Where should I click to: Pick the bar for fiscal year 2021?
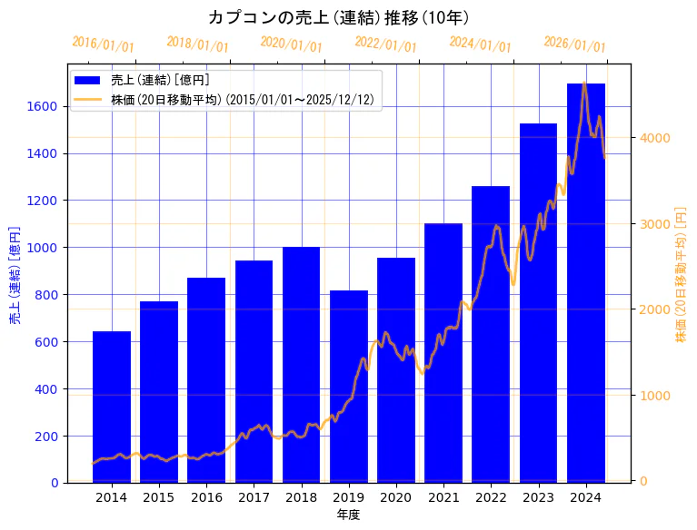(443, 353)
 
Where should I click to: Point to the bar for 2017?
(254, 371)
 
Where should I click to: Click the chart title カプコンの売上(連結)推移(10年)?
(338, 17)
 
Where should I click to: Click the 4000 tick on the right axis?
(654, 138)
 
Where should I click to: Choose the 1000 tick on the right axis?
(654, 396)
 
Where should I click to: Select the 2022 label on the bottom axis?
(491, 497)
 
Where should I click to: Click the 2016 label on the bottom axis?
(206, 497)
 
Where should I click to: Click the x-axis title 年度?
(348, 515)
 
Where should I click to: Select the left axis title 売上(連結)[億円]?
(15, 275)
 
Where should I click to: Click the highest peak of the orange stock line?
(584, 83)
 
